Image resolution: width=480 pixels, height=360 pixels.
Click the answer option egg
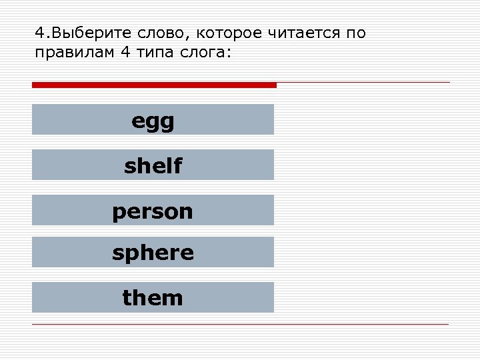point(153,121)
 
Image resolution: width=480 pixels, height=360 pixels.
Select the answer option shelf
point(153,165)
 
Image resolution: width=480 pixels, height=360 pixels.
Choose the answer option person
point(153,211)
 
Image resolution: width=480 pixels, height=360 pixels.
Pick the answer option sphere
point(153,252)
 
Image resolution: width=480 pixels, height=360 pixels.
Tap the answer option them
point(153,297)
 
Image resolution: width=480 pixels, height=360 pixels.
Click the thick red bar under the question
point(154,85)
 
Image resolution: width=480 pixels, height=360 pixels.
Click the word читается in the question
point(303,33)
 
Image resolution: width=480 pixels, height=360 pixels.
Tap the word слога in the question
point(207,53)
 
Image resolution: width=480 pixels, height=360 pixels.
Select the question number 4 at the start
point(39,33)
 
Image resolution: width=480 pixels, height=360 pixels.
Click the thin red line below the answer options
point(240,325)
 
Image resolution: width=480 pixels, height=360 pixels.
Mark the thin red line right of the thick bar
point(363,83)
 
